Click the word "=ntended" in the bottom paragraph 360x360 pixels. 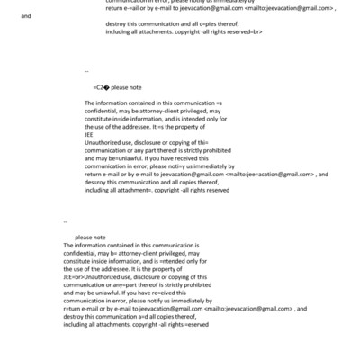point(169,262)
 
